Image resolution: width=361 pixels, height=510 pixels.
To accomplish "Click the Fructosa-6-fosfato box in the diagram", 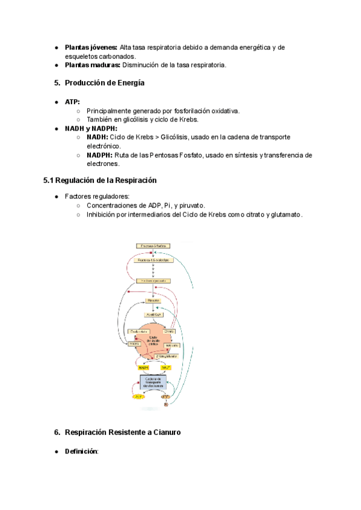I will click(x=153, y=246).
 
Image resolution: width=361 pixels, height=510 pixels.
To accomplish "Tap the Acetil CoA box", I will click(x=153, y=314).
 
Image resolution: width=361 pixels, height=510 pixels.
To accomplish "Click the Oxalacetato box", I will click(x=138, y=331).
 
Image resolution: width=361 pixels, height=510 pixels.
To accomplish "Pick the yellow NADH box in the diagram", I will click(x=143, y=367).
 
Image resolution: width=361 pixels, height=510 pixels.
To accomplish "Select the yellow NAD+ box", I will click(x=166, y=367).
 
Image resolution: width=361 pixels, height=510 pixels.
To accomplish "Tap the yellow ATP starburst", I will click(x=138, y=397).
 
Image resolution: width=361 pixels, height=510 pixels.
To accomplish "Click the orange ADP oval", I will click(x=165, y=397).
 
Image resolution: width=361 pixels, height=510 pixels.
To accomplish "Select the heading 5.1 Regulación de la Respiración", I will click(x=100, y=180).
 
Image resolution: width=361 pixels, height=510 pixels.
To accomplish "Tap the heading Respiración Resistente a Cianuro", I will click(x=122, y=432).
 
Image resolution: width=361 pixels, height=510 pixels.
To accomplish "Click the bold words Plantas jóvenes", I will click(x=91, y=47).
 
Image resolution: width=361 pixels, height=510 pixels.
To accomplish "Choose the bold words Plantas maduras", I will click(x=92, y=65).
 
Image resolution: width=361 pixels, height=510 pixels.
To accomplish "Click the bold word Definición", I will click(x=81, y=451).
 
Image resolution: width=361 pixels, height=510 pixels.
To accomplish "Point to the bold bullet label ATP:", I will click(x=72, y=102).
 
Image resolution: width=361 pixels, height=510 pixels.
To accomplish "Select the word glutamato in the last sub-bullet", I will click(x=285, y=214).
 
